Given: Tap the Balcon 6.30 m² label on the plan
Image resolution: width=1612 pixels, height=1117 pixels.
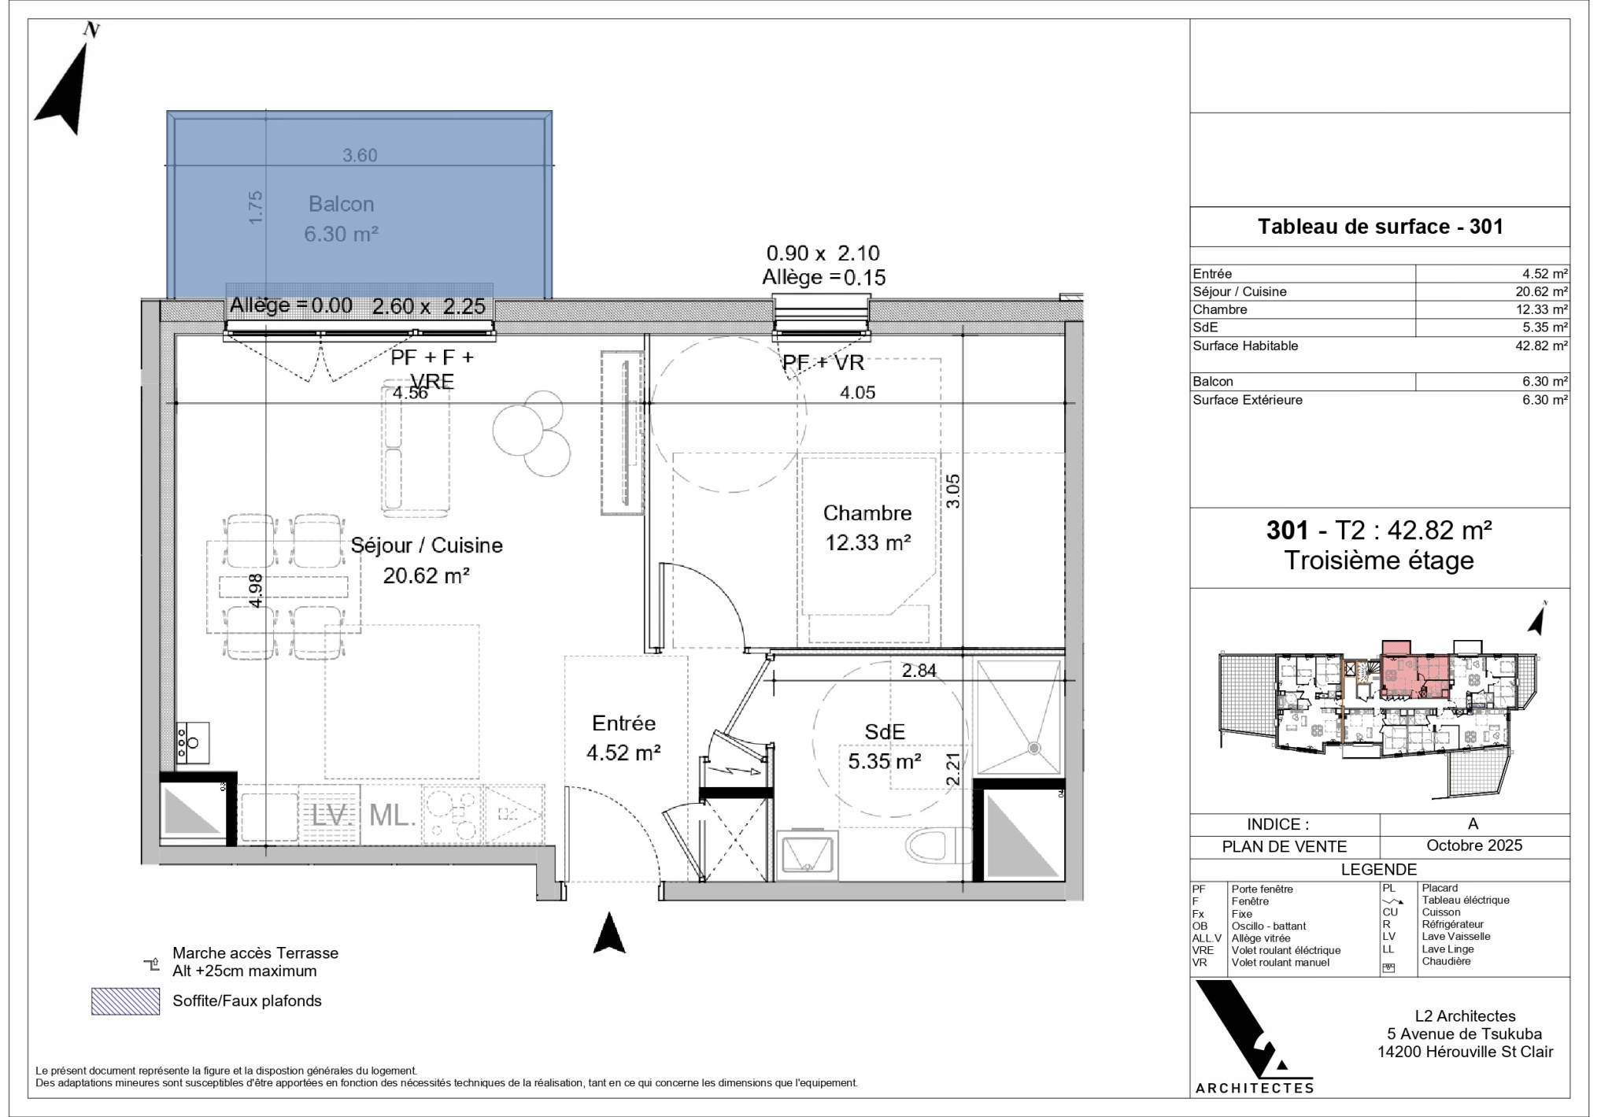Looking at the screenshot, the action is pyautogui.click(x=342, y=219).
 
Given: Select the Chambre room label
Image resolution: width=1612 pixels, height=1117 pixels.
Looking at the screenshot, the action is pyautogui.click(x=867, y=513).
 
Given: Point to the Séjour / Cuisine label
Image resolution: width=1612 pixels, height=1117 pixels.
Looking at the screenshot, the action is pyautogui.click(x=427, y=546).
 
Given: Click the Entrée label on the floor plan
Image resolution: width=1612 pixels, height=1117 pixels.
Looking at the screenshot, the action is pyautogui.click(x=623, y=723).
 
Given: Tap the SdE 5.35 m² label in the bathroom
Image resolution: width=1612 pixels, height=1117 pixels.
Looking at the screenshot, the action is pyautogui.click(x=885, y=746).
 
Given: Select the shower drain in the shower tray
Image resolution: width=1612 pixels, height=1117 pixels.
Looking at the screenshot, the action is pyautogui.click(x=1034, y=748).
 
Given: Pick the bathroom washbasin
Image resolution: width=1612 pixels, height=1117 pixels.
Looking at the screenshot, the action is pyautogui.click(x=806, y=855).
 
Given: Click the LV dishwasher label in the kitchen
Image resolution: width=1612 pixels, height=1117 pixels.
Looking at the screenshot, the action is pyautogui.click(x=330, y=816).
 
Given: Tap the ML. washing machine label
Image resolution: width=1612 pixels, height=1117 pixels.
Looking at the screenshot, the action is pyautogui.click(x=392, y=816).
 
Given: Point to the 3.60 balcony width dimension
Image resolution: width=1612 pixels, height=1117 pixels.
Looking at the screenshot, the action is pyautogui.click(x=360, y=155).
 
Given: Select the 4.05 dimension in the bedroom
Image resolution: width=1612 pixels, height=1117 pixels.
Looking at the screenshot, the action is pyautogui.click(x=857, y=392).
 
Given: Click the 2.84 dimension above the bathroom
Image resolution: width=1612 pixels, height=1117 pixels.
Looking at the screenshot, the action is pyautogui.click(x=919, y=670).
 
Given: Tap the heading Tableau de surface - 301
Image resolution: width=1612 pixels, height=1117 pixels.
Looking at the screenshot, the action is pyautogui.click(x=1381, y=227).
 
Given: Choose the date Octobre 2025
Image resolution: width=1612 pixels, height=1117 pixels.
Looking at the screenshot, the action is pyautogui.click(x=1474, y=845).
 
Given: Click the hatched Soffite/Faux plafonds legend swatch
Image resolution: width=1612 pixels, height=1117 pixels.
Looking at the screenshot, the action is pyautogui.click(x=125, y=1001).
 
